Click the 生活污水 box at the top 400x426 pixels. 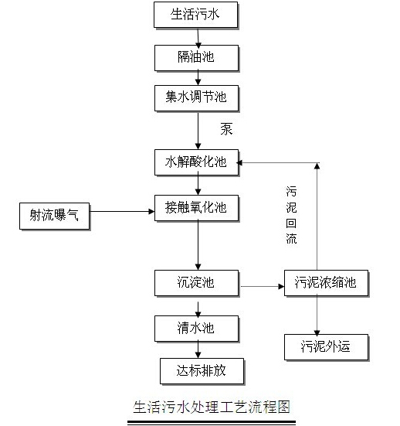tap(196, 15)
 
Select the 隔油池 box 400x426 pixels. tap(196, 58)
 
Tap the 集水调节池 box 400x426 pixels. tap(196, 98)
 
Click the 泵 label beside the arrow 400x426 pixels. tap(226, 129)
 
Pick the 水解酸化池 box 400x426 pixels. tap(196, 162)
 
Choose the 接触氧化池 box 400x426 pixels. tap(196, 208)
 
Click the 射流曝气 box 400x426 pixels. tap(55, 216)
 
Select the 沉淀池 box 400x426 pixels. tap(196, 283)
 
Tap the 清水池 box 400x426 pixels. tap(196, 329)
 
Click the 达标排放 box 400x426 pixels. tap(202, 371)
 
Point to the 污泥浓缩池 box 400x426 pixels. tap(326, 283)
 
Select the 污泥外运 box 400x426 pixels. tap(326, 347)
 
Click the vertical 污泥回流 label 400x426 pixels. tap(291, 215)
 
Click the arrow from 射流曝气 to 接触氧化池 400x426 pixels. tap(122, 211)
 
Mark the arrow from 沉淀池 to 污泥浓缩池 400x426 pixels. tap(263, 286)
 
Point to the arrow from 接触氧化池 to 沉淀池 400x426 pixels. tap(198, 245)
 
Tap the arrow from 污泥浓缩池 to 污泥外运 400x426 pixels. tap(317, 315)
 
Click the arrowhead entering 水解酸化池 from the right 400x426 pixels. tap(239, 162)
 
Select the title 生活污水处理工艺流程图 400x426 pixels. tap(212, 407)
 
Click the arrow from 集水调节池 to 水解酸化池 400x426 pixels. tap(198, 131)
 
